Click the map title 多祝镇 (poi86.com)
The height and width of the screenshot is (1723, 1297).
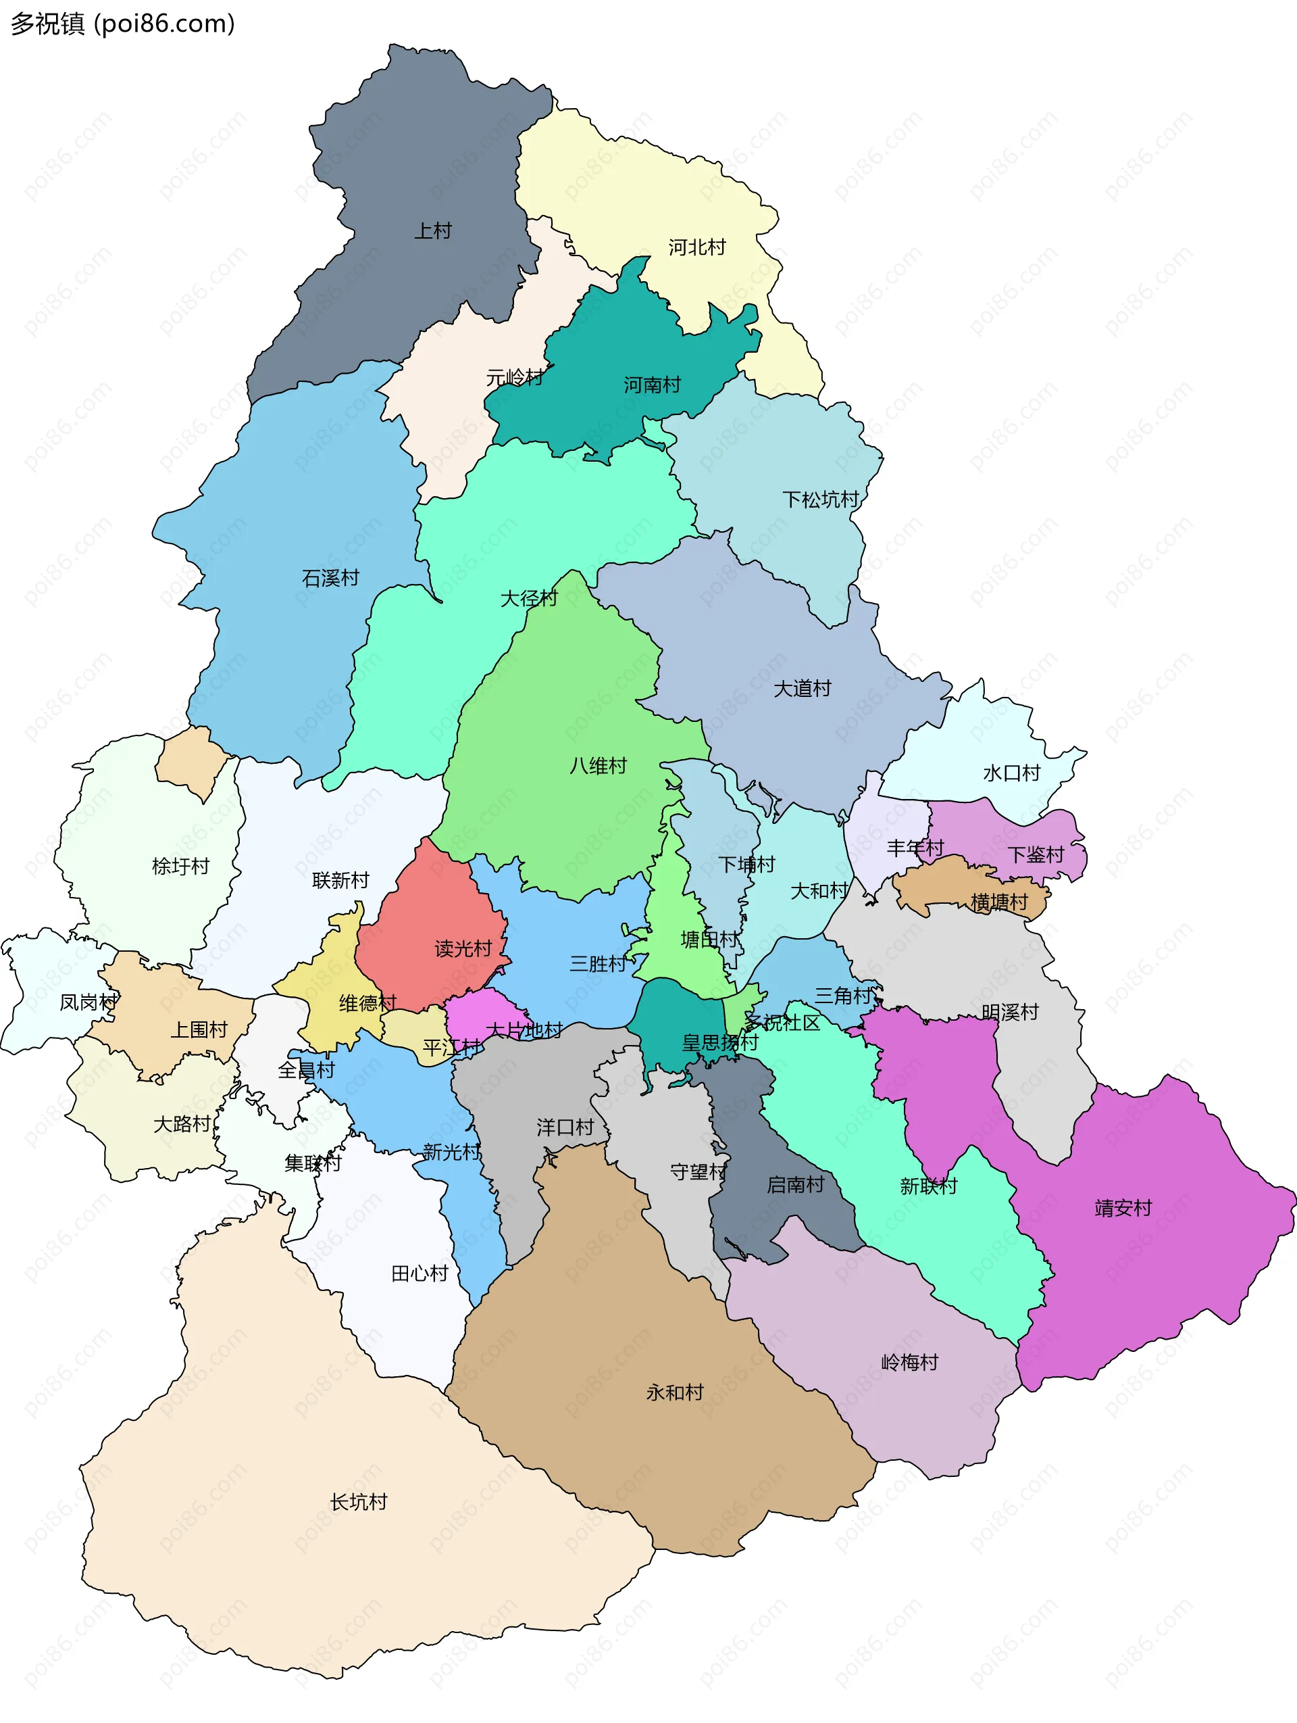[x=122, y=24]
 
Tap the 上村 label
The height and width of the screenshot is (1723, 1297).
[x=433, y=230]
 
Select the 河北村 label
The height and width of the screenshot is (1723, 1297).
[x=696, y=247]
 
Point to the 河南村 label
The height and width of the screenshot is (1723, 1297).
[x=652, y=385]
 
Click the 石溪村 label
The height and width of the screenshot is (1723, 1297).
[x=330, y=578]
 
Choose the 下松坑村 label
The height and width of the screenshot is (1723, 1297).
[x=821, y=500]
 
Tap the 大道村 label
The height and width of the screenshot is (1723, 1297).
[x=802, y=689]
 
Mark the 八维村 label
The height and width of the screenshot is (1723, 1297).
[x=598, y=766]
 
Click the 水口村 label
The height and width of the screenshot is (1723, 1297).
[x=1011, y=773]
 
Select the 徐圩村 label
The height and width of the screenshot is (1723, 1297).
[x=180, y=866]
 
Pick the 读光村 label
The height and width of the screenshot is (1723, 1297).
[x=463, y=949]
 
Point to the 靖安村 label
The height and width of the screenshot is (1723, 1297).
[x=1123, y=1208]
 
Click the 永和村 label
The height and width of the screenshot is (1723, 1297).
[x=674, y=1392]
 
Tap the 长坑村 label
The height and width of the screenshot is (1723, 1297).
[x=358, y=1502]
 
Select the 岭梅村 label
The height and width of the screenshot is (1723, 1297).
[x=909, y=1362]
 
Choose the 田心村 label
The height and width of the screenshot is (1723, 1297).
[x=419, y=1273]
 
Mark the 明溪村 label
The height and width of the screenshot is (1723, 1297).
[x=1010, y=1012]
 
